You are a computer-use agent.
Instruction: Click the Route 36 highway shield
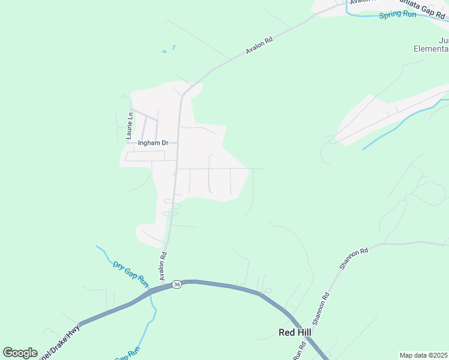(176, 284)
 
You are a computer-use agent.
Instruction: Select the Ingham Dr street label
(153, 143)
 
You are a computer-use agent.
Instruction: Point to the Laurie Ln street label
(128, 125)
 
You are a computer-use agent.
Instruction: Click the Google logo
(20, 352)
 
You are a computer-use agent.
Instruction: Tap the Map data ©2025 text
(423, 355)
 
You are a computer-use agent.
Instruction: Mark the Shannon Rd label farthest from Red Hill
(349, 260)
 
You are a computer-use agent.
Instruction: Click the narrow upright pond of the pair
(174, 47)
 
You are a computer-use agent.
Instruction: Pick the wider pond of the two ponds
(164, 52)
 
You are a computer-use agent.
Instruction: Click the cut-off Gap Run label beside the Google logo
(127, 355)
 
